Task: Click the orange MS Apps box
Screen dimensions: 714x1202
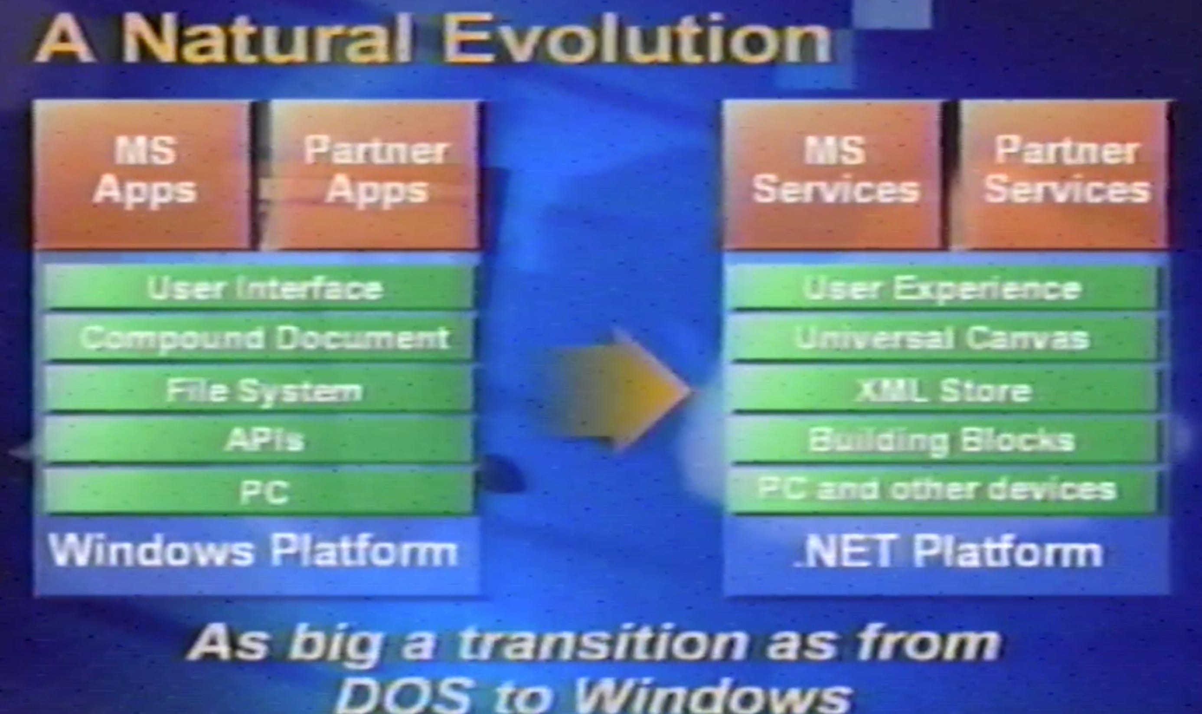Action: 143,174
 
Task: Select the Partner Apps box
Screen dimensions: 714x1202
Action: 372,174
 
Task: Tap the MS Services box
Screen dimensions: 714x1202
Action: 834,174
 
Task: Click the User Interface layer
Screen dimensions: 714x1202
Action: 260,288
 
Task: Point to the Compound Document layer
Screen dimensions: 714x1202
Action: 260,338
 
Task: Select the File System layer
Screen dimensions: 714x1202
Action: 260,390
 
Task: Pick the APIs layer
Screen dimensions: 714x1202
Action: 260,440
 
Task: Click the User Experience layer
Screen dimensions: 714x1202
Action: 942,288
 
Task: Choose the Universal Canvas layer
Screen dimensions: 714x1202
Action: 942,338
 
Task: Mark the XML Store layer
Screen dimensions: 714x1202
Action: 942,390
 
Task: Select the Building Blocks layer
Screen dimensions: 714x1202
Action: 942,440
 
